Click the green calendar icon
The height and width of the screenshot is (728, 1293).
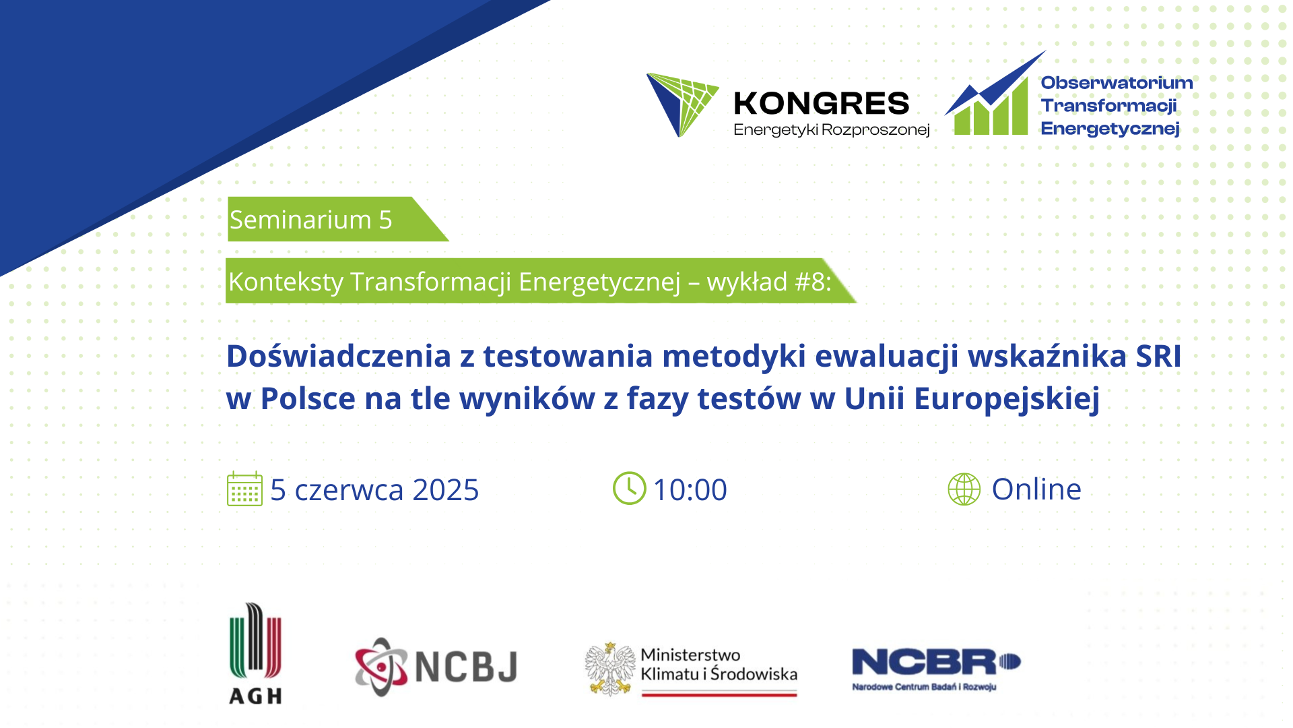244,489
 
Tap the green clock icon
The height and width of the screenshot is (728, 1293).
629,488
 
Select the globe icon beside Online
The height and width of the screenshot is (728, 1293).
964,489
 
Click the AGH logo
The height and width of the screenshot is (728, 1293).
255,653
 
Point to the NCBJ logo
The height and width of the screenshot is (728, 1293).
436,667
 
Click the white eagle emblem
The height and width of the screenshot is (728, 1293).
610,669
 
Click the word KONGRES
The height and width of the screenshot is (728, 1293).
822,104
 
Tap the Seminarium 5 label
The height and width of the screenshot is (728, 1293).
310,220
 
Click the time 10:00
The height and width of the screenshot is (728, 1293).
690,489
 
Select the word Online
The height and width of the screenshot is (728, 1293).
1036,489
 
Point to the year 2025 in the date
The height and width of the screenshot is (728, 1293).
446,490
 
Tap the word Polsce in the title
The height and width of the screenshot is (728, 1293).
308,398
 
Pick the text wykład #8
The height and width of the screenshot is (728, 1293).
769,282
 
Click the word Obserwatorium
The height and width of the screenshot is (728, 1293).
1117,83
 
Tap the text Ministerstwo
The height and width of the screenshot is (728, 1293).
690,655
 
